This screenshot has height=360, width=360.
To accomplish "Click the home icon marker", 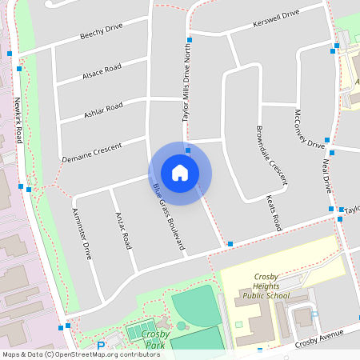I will tap(180, 172).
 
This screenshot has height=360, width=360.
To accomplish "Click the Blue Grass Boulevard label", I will tap(168, 218).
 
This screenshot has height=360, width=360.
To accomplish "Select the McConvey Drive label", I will tap(309, 128).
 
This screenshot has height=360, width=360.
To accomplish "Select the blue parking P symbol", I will tap(101, 346).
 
